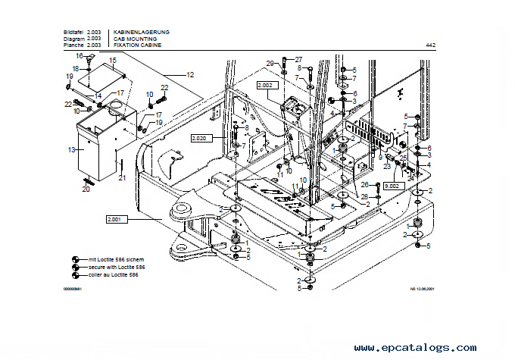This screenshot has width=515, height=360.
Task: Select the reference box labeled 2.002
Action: click(267, 86)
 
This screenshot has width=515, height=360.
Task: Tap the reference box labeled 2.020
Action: click(200, 138)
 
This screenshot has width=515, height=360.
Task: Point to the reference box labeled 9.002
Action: click(393, 185)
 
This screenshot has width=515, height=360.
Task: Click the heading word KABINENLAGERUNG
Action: click(141, 32)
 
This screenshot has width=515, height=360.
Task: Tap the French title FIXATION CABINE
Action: click(139, 45)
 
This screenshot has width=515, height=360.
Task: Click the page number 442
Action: click(430, 45)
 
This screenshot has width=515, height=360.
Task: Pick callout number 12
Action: click(190, 74)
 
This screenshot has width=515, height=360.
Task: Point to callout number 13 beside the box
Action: click(71, 150)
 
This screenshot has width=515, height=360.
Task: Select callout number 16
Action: click(78, 56)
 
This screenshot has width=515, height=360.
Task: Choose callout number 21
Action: click(122, 177)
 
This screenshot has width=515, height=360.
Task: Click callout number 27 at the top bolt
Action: click(298, 59)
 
